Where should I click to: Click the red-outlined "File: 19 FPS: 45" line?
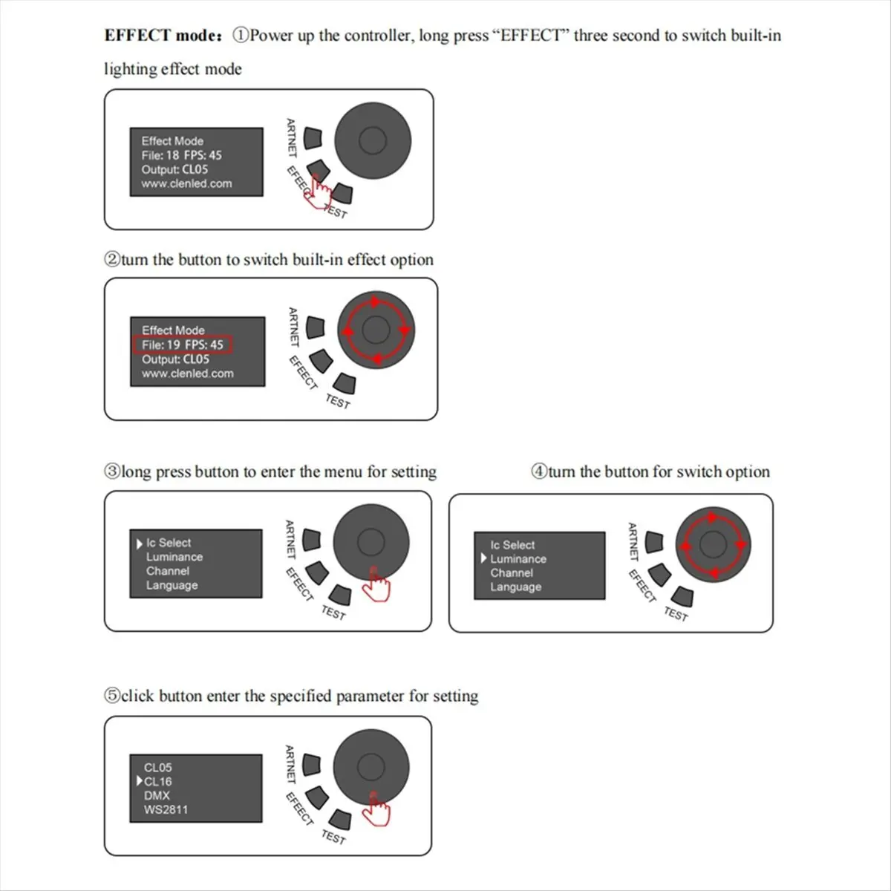click(183, 345)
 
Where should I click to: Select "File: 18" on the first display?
click(160, 155)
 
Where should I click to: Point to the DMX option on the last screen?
click(157, 795)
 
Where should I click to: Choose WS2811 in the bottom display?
click(166, 809)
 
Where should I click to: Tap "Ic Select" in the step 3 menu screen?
click(168, 543)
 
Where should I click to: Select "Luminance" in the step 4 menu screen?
click(518, 559)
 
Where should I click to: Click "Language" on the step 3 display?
click(172, 585)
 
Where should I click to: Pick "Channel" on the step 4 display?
click(512, 573)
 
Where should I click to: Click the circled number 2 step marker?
click(111, 260)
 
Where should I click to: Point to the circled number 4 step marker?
click(538, 472)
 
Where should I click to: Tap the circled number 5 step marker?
click(111, 696)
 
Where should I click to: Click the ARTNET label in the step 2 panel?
click(293, 327)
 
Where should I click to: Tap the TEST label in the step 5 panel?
click(333, 837)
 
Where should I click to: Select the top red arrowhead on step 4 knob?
click(714, 518)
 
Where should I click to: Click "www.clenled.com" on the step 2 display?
click(187, 373)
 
